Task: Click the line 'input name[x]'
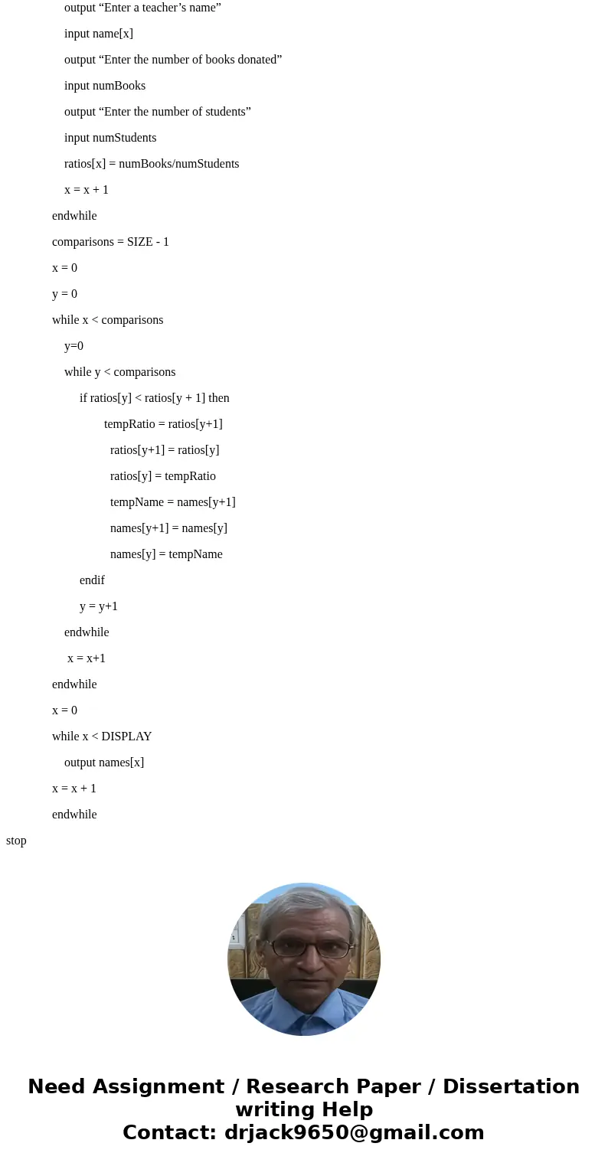click(x=98, y=34)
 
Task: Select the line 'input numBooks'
click(x=105, y=86)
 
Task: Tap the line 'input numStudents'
click(x=110, y=137)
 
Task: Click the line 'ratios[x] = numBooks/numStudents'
click(x=152, y=164)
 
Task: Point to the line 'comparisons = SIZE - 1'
click(x=110, y=242)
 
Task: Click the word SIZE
click(x=140, y=241)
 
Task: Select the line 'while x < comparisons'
click(x=108, y=320)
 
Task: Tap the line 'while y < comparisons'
click(x=119, y=372)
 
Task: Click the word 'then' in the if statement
click(x=219, y=397)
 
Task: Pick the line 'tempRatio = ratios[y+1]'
click(x=163, y=424)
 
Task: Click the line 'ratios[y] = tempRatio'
click(x=163, y=476)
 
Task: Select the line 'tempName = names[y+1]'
click(x=173, y=502)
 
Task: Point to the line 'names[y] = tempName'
click(x=166, y=554)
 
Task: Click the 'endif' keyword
click(x=92, y=580)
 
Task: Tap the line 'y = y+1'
click(x=98, y=606)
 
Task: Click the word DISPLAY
click(x=126, y=736)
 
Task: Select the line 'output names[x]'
click(x=104, y=763)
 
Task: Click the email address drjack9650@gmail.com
click(x=354, y=1132)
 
